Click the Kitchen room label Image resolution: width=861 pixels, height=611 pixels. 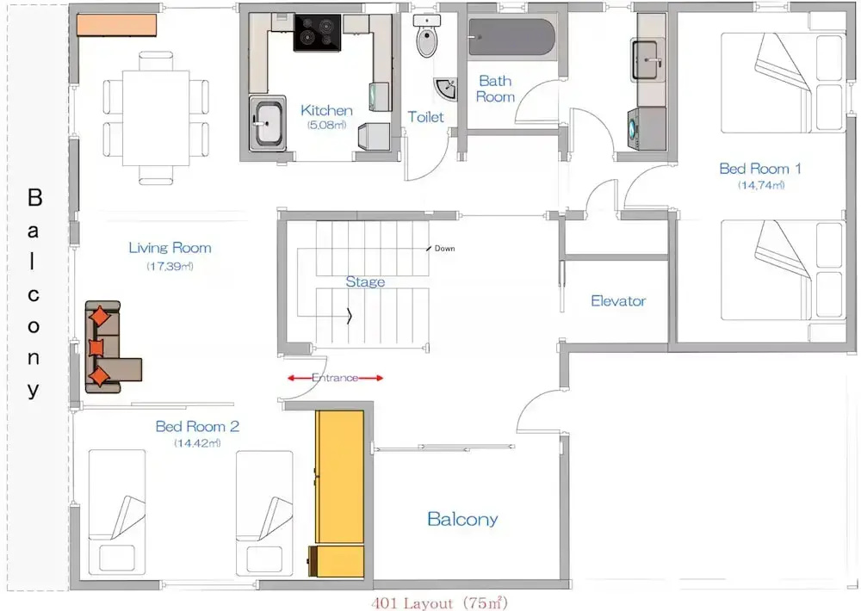[326, 110]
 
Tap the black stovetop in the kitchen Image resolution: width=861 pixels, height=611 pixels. [318, 33]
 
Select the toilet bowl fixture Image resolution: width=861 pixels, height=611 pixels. [427, 37]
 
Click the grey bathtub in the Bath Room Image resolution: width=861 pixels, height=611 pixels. [511, 37]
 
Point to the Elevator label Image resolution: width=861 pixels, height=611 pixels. [618, 301]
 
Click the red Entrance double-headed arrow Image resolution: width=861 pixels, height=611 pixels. [336, 378]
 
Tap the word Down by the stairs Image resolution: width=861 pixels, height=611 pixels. [445, 249]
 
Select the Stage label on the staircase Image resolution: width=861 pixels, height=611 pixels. [365, 281]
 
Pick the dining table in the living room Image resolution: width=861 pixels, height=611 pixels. [156, 118]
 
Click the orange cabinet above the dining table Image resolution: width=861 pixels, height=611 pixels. [116, 25]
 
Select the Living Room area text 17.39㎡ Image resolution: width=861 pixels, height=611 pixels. [170, 266]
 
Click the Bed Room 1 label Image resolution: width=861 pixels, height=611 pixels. [760, 169]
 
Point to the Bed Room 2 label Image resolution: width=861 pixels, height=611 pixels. [197, 427]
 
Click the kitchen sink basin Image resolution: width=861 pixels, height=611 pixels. [268, 124]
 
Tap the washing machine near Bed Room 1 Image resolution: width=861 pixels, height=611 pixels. [647, 128]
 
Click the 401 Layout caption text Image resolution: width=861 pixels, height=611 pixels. [439, 603]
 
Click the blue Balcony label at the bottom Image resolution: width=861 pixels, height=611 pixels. [462, 519]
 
